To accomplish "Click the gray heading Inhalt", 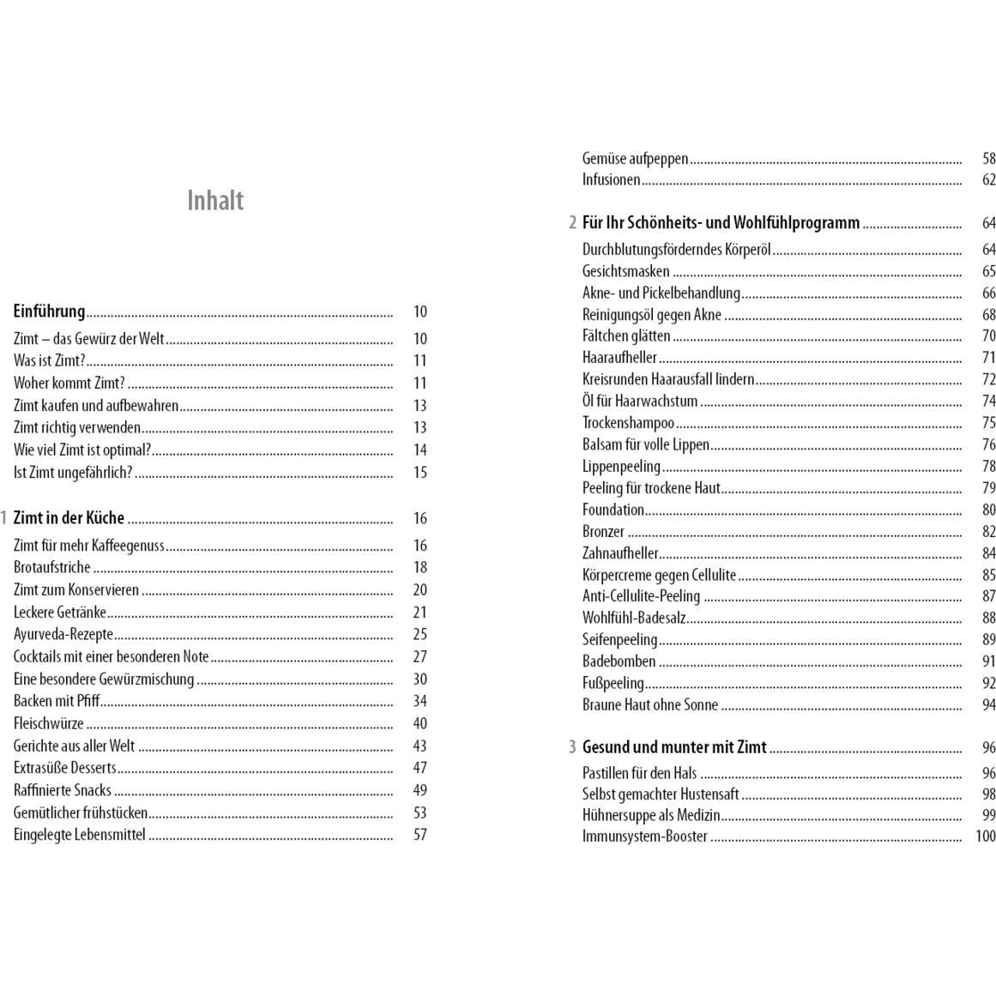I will [215, 201].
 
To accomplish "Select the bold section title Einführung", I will [49, 311].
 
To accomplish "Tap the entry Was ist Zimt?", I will [50, 361].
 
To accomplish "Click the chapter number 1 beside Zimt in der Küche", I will [4, 518].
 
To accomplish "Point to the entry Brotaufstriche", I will [51, 567].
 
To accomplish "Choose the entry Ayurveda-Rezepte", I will [63, 635].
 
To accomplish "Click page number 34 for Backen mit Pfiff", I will [420, 702].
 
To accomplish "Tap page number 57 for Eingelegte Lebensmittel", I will [420, 835].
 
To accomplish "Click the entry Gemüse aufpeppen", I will [635, 159].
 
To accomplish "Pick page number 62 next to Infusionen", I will [988, 180].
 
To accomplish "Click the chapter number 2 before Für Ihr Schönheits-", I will [572, 223].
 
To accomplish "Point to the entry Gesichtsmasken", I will [625, 272].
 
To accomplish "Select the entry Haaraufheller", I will [619, 358].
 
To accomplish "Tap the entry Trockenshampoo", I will [628, 423].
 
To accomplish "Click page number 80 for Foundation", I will [988, 510].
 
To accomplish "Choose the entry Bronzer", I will [603, 532].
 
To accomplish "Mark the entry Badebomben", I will [619, 661].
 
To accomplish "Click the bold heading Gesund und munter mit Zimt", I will [674, 747].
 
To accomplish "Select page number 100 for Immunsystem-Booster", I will [985, 836].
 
